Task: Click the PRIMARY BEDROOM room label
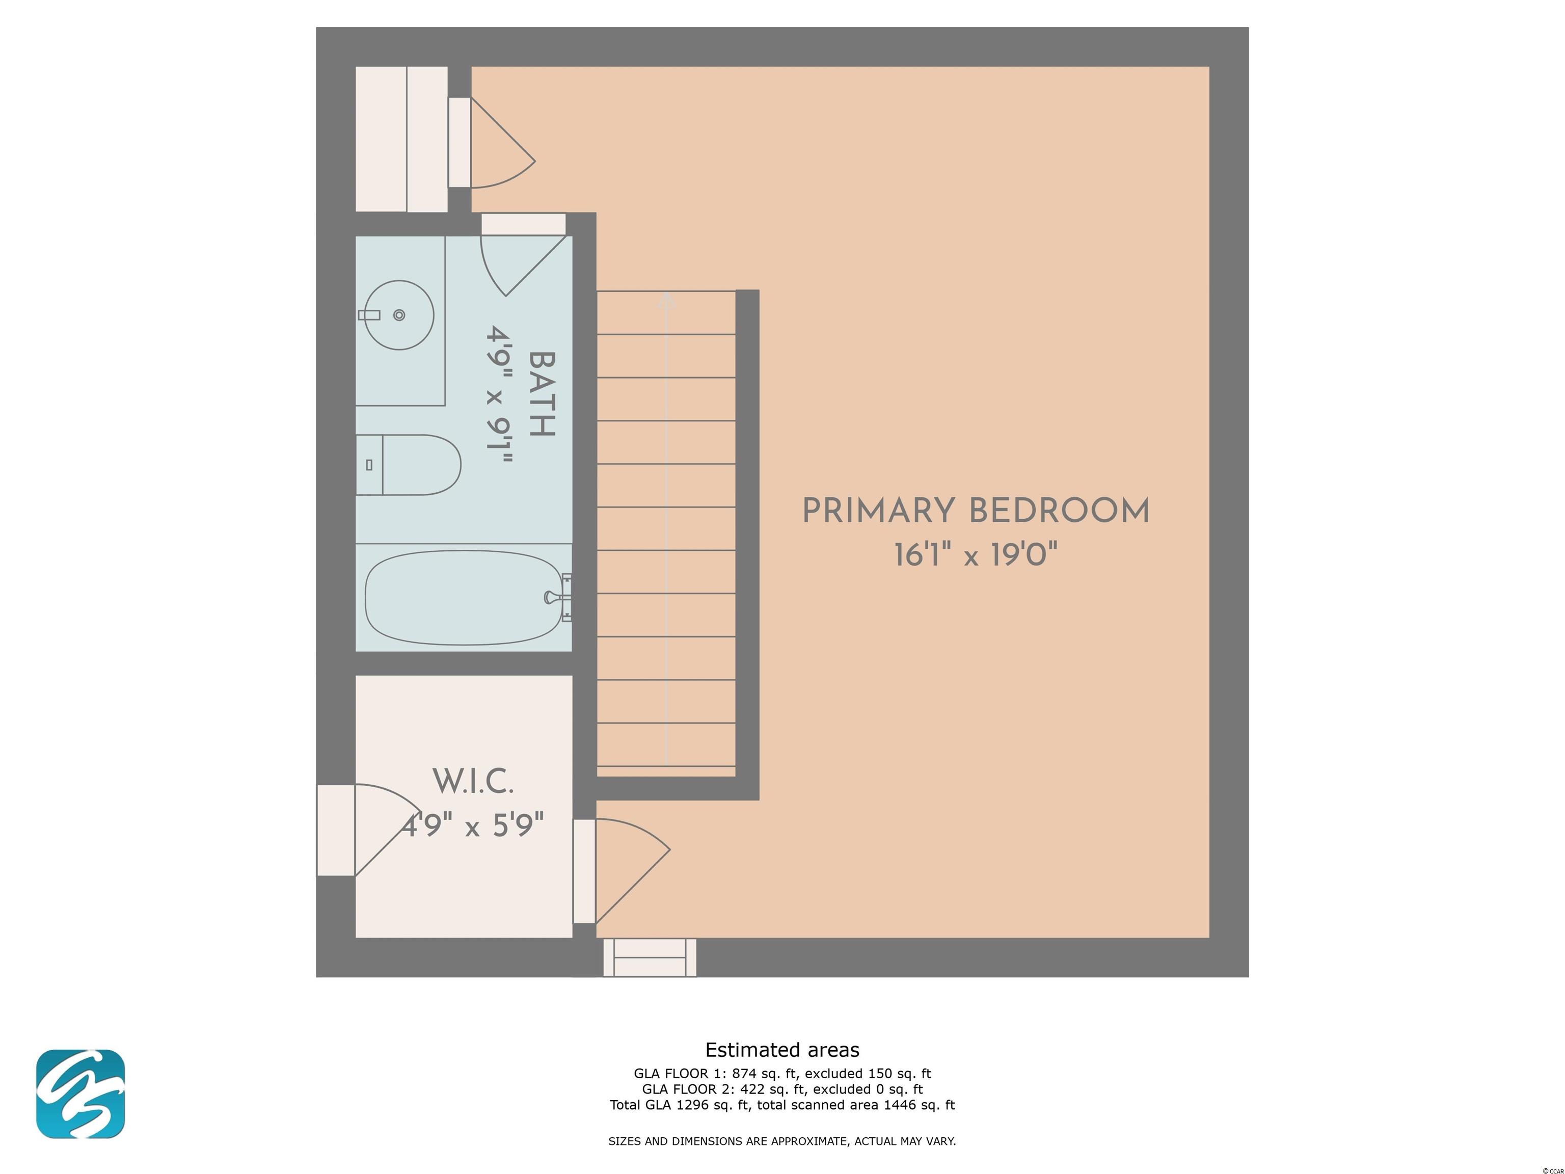point(976,511)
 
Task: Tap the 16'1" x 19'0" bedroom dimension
point(976,555)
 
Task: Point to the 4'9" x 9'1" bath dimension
point(499,394)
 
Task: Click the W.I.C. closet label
point(473,781)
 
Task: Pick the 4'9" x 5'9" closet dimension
point(473,825)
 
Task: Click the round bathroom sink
point(400,315)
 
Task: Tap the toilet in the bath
point(408,465)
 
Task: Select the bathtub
point(464,598)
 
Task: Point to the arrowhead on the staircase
point(666,300)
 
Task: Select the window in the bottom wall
point(650,957)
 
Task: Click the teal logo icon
point(80,1094)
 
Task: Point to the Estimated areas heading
point(782,1050)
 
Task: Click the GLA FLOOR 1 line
point(782,1074)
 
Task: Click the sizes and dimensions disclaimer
point(782,1141)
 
